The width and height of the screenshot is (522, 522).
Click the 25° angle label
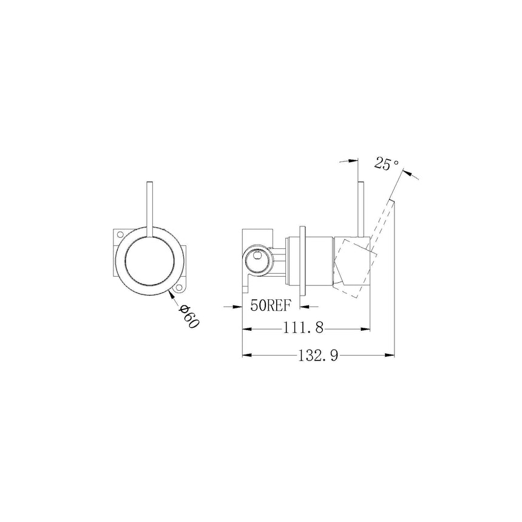(x=386, y=164)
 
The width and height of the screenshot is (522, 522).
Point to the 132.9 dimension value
(x=317, y=355)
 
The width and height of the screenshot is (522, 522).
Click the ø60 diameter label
(x=189, y=316)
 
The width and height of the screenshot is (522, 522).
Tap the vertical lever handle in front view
(x=149, y=206)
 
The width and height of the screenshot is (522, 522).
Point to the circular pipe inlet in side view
(x=257, y=262)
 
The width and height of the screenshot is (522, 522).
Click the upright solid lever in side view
(x=361, y=206)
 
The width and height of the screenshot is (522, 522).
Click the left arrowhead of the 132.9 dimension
(x=246, y=355)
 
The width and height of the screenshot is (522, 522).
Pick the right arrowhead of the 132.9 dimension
(x=391, y=355)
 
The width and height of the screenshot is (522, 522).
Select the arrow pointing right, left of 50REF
(x=239, y=306)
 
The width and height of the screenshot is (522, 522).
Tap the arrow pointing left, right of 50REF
(x=307, y=306)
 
